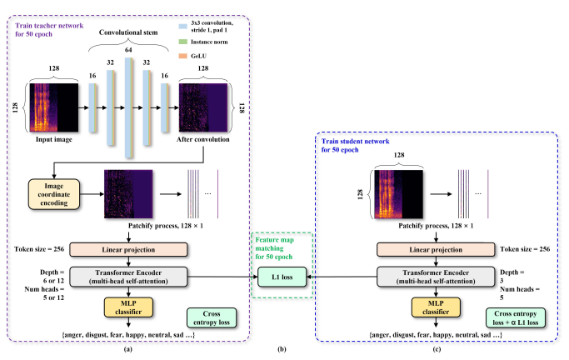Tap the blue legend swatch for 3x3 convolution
click(x=203, y=19)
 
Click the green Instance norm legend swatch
click(x=203, y=39)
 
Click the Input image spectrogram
click(x=57, y=107)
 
